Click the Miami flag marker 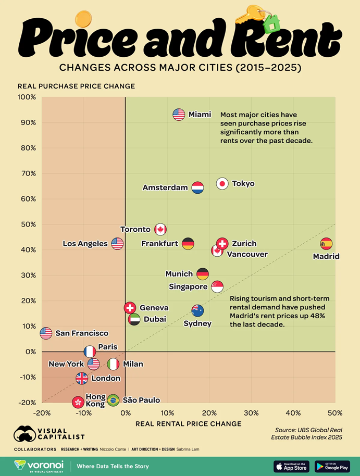[x=179, y=115]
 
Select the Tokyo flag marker [x=222, y=183]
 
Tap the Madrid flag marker [x=326, y=244]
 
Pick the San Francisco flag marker [x=46, y=333]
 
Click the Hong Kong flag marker [x=78, y=402]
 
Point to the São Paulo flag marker [x=113, y=400]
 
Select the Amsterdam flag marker [x=197, y=187]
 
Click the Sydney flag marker [x=197, y=311]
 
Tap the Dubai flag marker [x=134, y=319]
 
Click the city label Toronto [x=135, y=229]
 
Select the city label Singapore [x=188, y=286]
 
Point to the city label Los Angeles [x=85, y=244]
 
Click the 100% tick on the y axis [x=27, y=97]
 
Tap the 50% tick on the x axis [x=335, y=413]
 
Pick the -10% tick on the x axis [x=82, y=413]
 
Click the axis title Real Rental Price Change [x=188, y=424]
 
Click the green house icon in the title [x=270, y=23]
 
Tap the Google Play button [x=332, y=466]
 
